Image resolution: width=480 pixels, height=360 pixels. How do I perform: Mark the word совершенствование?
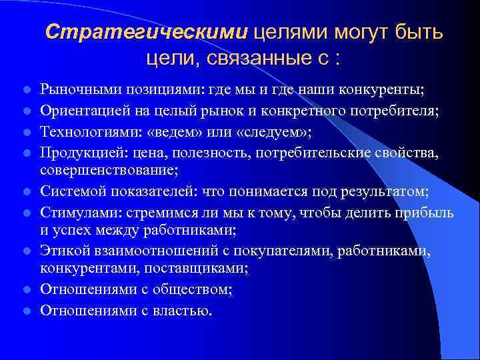(109, 171)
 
